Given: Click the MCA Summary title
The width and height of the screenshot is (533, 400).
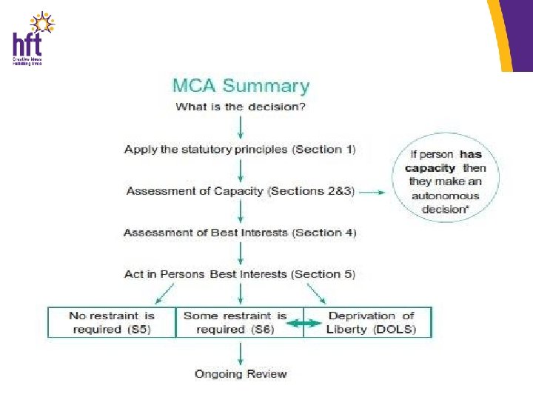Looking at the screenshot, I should point(241,86).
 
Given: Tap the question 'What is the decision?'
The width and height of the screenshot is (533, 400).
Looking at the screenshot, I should point(241,107).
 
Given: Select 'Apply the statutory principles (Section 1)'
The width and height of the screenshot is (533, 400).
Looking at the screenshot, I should point(240,150).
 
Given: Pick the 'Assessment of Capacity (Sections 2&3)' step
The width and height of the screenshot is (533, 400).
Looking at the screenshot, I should point(241,191).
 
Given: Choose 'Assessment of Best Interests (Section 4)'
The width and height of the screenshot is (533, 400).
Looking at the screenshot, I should point(240,233).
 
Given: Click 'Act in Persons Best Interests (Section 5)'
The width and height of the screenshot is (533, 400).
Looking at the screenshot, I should point(240,274).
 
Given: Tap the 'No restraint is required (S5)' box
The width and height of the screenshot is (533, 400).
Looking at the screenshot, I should point(112,322).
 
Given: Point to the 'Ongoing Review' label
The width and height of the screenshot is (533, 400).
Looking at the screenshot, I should point(241,373).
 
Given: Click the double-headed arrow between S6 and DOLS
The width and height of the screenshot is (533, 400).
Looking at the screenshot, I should point(304,323).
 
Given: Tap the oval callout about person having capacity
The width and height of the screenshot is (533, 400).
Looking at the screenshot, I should point(445,181).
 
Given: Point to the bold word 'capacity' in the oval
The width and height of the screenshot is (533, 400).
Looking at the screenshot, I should point(430,168).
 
